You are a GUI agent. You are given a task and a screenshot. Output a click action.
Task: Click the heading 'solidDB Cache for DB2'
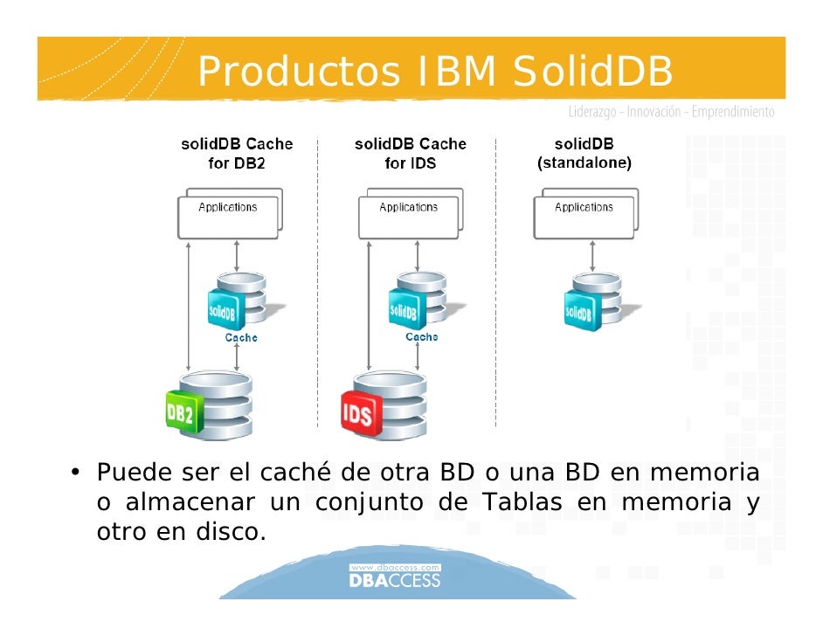coord(237,154)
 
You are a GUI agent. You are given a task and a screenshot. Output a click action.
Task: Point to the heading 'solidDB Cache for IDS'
coord(411,154)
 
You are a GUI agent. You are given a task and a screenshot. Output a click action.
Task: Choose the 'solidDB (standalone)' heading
coord(584,154)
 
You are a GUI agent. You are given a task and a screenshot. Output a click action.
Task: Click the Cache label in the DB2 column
coord(241,337)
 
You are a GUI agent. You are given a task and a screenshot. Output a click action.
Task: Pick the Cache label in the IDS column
coord(422,336)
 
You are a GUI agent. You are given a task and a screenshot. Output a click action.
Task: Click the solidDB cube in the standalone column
coord(579,311)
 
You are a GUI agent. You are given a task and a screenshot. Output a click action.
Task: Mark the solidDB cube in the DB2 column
coord(223,311)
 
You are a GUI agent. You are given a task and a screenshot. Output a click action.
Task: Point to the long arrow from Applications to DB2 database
coord(190,306)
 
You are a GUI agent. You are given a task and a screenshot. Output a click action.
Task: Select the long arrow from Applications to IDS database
coord(370,306)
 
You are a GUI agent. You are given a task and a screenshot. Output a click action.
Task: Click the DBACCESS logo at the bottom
coord(395,577)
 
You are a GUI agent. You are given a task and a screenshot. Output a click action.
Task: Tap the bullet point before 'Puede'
coord(76,474)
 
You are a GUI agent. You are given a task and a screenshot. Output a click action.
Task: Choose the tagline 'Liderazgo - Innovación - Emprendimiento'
coord(671,113)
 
